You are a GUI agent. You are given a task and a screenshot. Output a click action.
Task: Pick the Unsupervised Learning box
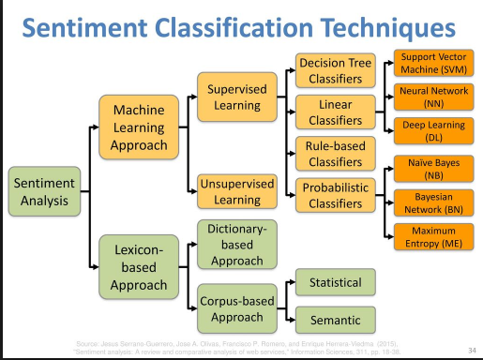pyautogui.click(x=232, y=192)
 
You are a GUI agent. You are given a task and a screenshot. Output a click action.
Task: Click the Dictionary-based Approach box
pyautogui.click(x=232, y=243)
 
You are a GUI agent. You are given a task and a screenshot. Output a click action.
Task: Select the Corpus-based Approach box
pyautogui.click(x=232, y=309)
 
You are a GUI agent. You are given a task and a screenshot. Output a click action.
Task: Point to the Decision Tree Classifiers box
pyautogui.click(x=335, y=70)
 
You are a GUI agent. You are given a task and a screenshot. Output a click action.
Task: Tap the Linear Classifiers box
pyautogui.click(x=335, y=112)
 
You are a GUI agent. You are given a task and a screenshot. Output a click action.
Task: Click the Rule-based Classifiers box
pyautogui.click(x=335, y=153)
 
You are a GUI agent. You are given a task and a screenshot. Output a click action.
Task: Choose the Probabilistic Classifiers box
pyautogui.click(x=335, y=194)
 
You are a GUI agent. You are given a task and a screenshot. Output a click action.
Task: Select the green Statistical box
pyautogui.click(x=335, y=282)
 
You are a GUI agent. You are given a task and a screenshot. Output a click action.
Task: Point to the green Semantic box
pyautogui.click(x=335, y=319)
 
